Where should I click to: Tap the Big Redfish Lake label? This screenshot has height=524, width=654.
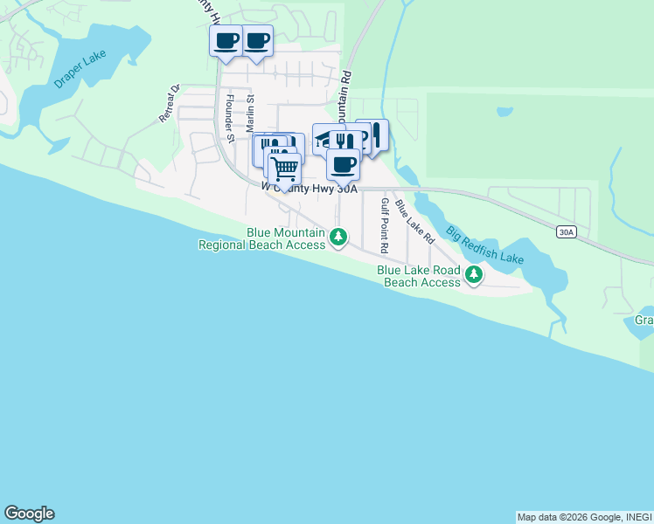(x=484, y=246)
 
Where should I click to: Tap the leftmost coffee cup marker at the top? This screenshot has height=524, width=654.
(x=226, y=40)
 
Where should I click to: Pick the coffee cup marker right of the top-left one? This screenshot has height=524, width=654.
(x=257, y=40)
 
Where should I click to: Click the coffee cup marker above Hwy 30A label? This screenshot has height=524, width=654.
(x=344, y=162)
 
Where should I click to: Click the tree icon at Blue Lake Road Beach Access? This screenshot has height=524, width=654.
(x=473, y=275)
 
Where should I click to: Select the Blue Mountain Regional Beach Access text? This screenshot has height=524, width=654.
(x=261, y=238)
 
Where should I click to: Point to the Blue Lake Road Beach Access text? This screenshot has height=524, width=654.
(x=420, y=276)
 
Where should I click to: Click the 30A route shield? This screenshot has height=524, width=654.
(x=566, y=231)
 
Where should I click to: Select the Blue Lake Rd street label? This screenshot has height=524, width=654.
(x=414, y=220)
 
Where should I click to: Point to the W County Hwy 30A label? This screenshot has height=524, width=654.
(x=310, y=186)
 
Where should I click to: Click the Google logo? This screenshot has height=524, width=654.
(x=29, y=514)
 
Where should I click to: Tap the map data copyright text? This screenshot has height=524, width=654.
(x=584, y=517)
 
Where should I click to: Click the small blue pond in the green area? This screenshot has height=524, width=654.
(x=504, y=112)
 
